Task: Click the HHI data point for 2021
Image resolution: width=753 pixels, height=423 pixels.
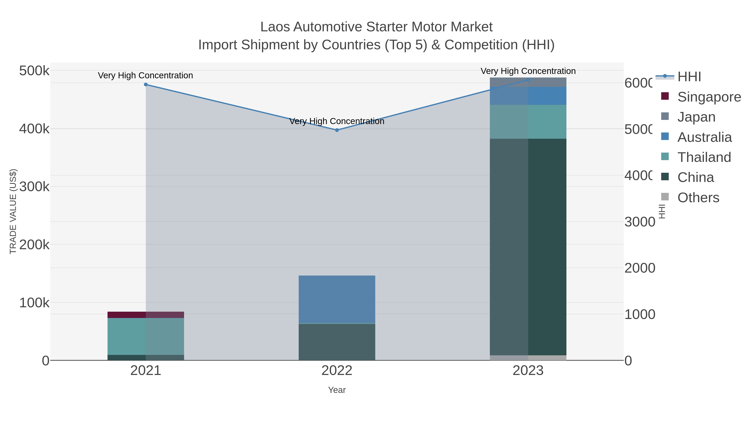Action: coord(146,85)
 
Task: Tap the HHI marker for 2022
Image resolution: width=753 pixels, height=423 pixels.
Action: coord(337,130)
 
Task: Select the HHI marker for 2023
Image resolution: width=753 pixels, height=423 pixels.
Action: coord(528,80)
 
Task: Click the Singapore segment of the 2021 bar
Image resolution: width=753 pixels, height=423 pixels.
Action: coord(146,315)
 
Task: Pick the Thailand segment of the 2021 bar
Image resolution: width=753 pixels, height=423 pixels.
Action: coord(146,336)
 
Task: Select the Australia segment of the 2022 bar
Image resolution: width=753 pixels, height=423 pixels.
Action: coord(337,299)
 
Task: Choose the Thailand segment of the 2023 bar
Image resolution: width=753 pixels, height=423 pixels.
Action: coord(528,122)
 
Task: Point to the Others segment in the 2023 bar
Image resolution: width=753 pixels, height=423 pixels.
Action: coord(528,358)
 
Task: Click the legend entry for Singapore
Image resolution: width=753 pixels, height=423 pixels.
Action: coord(709,97)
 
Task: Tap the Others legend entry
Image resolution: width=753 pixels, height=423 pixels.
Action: coord(698,198)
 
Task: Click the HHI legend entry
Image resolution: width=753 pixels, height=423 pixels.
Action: coord(689,77)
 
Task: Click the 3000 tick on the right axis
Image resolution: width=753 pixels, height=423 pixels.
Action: coord(640,222)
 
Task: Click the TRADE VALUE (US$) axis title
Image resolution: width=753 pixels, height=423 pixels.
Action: coord(13,211)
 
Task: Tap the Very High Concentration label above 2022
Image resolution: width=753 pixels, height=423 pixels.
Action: coord(337,121)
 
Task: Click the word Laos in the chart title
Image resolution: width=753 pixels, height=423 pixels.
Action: coord(275,27)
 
